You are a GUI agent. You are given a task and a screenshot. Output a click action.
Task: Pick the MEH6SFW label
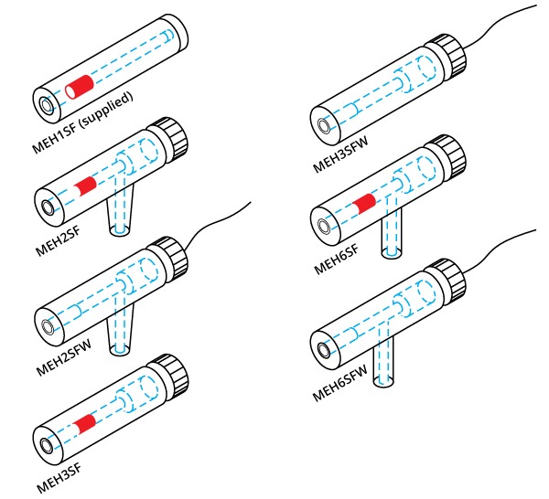coord(339,383)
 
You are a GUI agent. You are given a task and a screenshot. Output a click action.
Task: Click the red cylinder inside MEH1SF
coord(81,87)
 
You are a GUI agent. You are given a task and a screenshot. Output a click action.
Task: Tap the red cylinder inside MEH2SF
coord(88,186)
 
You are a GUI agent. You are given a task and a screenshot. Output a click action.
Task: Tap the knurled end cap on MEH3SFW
coord(446,55)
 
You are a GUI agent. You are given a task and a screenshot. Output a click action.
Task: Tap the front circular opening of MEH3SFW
coord(321,122)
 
